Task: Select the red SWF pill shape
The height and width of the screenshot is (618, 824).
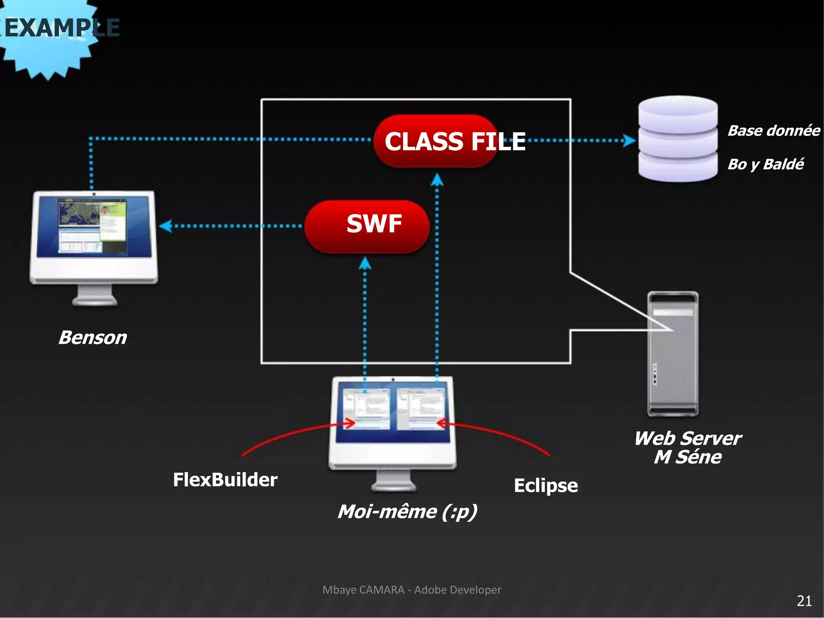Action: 367,227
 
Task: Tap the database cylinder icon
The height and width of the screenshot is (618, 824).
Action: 678,139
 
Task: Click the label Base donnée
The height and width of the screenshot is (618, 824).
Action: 773,131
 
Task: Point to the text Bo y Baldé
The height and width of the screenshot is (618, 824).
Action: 765,164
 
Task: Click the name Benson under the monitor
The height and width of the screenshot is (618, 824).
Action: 93,337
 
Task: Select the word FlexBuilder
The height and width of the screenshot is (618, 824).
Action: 225,480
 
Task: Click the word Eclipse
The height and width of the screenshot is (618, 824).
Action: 546,485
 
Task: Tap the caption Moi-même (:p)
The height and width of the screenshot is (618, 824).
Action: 407,512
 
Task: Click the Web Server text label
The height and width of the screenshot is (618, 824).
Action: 688,438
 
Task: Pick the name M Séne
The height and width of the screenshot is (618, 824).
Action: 688,457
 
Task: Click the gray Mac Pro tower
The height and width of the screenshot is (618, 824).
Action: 673,354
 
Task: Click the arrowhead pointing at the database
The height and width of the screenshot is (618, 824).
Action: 629,140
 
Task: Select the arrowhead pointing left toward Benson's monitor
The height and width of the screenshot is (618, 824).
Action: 165,226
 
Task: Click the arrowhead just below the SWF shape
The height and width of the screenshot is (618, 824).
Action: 365,264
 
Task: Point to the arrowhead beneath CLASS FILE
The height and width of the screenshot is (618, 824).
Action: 437,179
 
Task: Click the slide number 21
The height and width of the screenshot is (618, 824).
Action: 804,601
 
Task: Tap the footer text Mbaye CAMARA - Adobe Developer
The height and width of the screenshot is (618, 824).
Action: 412,590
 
